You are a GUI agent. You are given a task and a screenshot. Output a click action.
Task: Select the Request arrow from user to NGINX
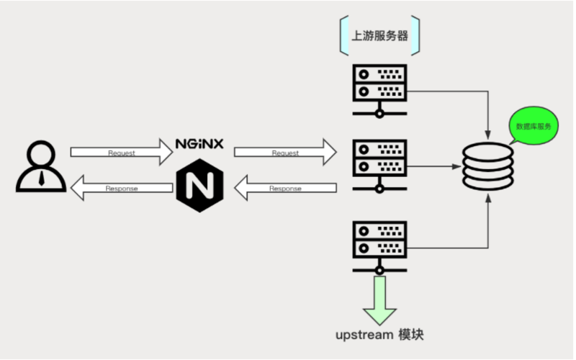pyautogui.click(x=119, y=153)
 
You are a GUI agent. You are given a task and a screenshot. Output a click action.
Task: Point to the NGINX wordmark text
pyautogui.click(x=199, y=144)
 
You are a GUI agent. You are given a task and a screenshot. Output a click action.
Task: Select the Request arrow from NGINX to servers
pyautogui.click(x=284, y=153)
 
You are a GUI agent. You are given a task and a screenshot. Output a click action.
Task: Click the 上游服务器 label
pyautogui.click(x=380, y=35)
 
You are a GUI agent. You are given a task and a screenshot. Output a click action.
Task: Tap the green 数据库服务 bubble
pyautogui.click(x=534, y=126)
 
